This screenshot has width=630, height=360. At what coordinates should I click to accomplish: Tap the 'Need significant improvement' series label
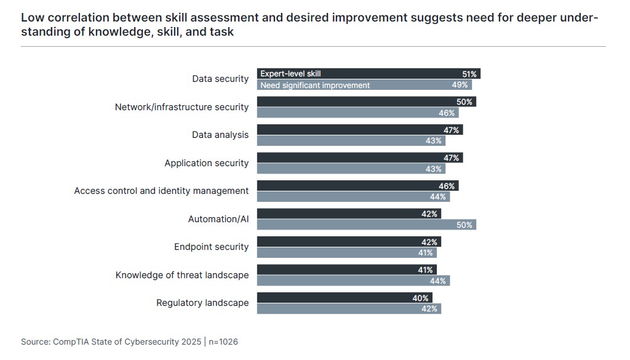point(315,86)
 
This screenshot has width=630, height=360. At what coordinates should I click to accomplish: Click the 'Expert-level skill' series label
point(290,74)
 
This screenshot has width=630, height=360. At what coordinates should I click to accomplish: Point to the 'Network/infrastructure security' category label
point(181,107)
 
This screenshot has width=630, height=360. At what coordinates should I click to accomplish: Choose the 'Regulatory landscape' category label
point(202,303)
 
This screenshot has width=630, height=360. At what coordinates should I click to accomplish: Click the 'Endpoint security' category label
point(211,247)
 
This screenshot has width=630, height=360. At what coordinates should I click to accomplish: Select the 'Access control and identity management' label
point(161,191)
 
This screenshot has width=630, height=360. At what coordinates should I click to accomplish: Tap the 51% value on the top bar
point(469,74)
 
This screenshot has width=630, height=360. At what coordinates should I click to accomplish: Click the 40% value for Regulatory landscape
point(421,298)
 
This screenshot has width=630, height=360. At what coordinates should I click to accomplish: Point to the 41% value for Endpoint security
point(425,253)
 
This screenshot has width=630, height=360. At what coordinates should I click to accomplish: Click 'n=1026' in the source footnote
point(223,342)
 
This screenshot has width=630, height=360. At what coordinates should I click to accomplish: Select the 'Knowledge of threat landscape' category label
point(182,275)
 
